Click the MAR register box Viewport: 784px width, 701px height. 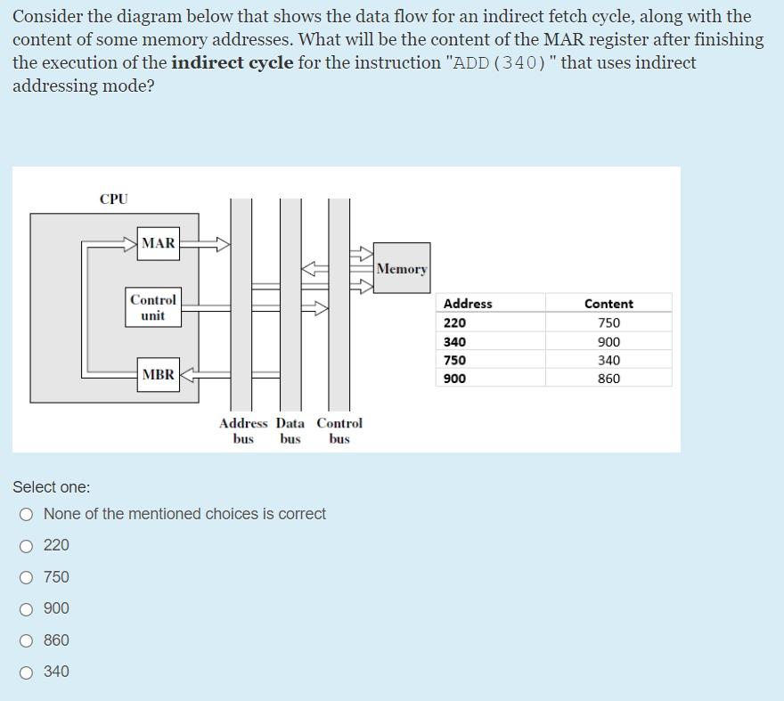(x=159, y=243)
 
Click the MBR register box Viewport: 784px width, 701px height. (x=159, y=375)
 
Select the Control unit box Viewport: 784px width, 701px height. (x=153, y=307)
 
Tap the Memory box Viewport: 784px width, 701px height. (x=401, y=269)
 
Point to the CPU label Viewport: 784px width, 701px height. (x=114, y=200)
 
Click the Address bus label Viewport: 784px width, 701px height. (x=243, y=431)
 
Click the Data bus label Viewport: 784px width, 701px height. (x=290, y=431)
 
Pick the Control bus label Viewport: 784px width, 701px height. (x=339, y=431)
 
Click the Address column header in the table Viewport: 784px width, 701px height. (x=468, y=304)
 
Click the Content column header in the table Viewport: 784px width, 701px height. (x=608, y=304)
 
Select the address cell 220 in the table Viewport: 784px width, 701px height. (x=455, y=323)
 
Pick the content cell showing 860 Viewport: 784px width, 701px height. (x=608, y=379)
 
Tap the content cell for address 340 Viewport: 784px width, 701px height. (x=608, y=342)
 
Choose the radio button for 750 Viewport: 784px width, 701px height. (x=28, y=577)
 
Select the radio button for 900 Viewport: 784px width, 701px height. (x=28, y=608)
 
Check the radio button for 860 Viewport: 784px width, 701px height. (x=28, y=640)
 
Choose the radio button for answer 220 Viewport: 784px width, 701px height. (x=28, y=545)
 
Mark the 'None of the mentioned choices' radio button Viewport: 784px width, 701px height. (x=28, y=514)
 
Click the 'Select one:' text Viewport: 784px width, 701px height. (x=52, y=487)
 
